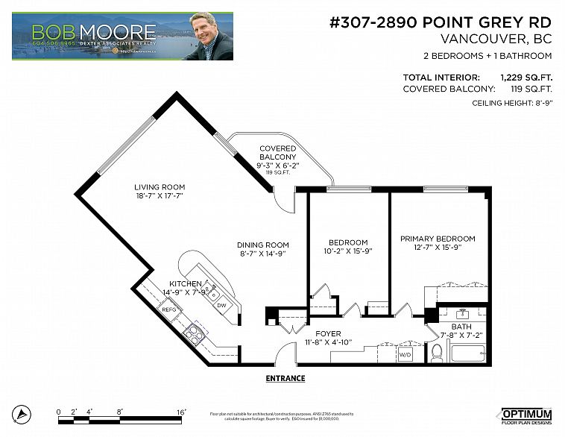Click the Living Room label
click(x=159, y=187)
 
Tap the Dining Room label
click(x=262, y=245)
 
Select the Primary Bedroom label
click(x=437, y=239)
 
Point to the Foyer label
click(x=328, y=333)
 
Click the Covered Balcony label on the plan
click(x=278, y=153)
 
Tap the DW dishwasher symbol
click(x=221, y=304)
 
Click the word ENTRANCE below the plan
click(x=285, y=378)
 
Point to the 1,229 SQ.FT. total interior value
click(x=525, y=77)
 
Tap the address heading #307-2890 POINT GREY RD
click(x=441, y=22)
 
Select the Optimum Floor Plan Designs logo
click(x=525, y=416)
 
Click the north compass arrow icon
click(x=24, y=414)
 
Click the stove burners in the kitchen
click(x=193, y=334)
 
